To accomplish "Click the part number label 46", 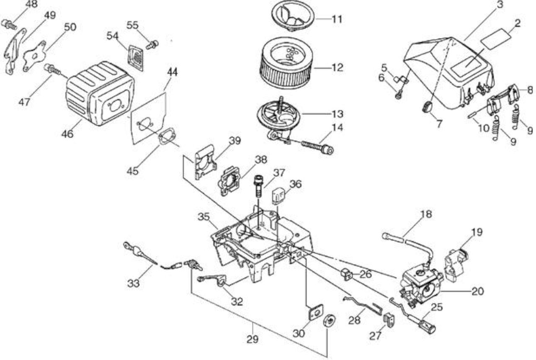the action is pos(67,134).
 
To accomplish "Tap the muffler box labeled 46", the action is pos(100,94).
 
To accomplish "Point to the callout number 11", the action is pos(337,19).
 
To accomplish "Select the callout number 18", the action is pos(426,214).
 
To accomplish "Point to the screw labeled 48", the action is pos(9,25).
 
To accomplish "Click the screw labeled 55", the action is pos(152,45).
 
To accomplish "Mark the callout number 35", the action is pos(204,217).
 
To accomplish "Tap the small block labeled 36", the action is pos(278,196).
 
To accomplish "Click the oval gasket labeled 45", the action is pos(167,136).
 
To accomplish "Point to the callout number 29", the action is pos(253,339).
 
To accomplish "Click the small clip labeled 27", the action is pos(389,321).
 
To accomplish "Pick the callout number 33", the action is pos(133,283).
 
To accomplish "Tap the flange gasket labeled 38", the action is pos(229,180).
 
